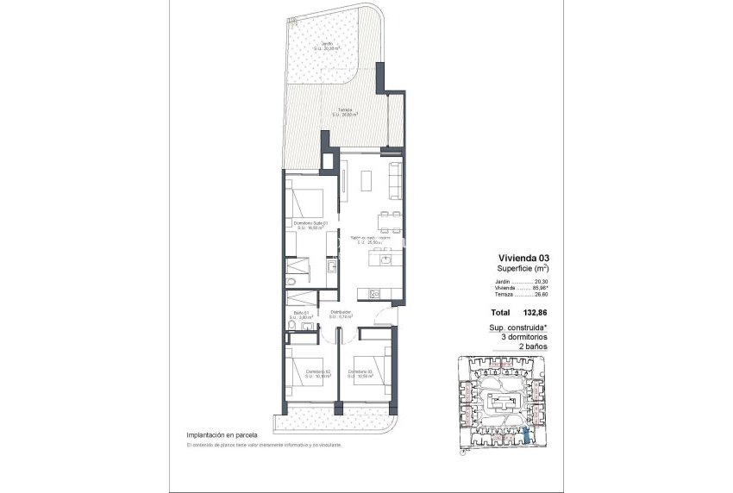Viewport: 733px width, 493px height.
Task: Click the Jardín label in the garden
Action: [x=328, y=46]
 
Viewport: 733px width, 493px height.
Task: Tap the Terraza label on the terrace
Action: [x=344, y=112]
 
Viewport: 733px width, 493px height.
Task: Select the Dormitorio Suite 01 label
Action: [x=310, y=224]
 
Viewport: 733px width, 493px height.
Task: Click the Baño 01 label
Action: [x=301, y=315]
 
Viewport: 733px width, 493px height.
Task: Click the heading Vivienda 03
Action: [x=523, y=257]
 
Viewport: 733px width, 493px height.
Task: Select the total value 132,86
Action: [x=536, y=314]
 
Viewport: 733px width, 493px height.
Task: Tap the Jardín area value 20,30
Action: [x=541, y=282]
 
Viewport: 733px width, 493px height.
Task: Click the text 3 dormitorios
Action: [x=524, y=337]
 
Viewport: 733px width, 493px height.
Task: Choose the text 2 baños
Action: [x=524, y=346]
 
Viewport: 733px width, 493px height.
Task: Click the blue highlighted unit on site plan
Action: [x=528, y=437]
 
